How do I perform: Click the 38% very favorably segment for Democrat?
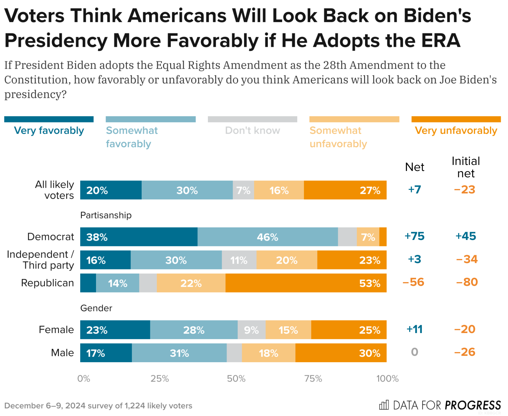(138, 237)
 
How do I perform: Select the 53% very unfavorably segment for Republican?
(306, 283)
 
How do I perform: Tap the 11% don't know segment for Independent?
(239, 260)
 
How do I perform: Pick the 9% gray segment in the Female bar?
(251, 330)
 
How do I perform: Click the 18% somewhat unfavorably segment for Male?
(268, 353)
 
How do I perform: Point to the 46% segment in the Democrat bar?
(267, 237)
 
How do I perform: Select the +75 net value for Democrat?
(414, 236)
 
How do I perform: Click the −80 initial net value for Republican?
(466, 282)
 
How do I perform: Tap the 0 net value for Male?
(415, 352)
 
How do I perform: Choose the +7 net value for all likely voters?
(415, 190)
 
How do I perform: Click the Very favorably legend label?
(49, 130)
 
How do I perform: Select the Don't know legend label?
(253, 130)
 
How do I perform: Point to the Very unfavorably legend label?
(456, 130)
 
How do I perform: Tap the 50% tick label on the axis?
(236, 379)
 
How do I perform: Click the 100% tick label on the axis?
(387, 379)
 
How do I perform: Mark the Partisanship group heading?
(106, 215)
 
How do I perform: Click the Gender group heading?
(96, 308)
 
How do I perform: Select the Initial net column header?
(466, 167)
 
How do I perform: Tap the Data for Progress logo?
(440, 405)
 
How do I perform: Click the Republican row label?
(48, 283)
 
